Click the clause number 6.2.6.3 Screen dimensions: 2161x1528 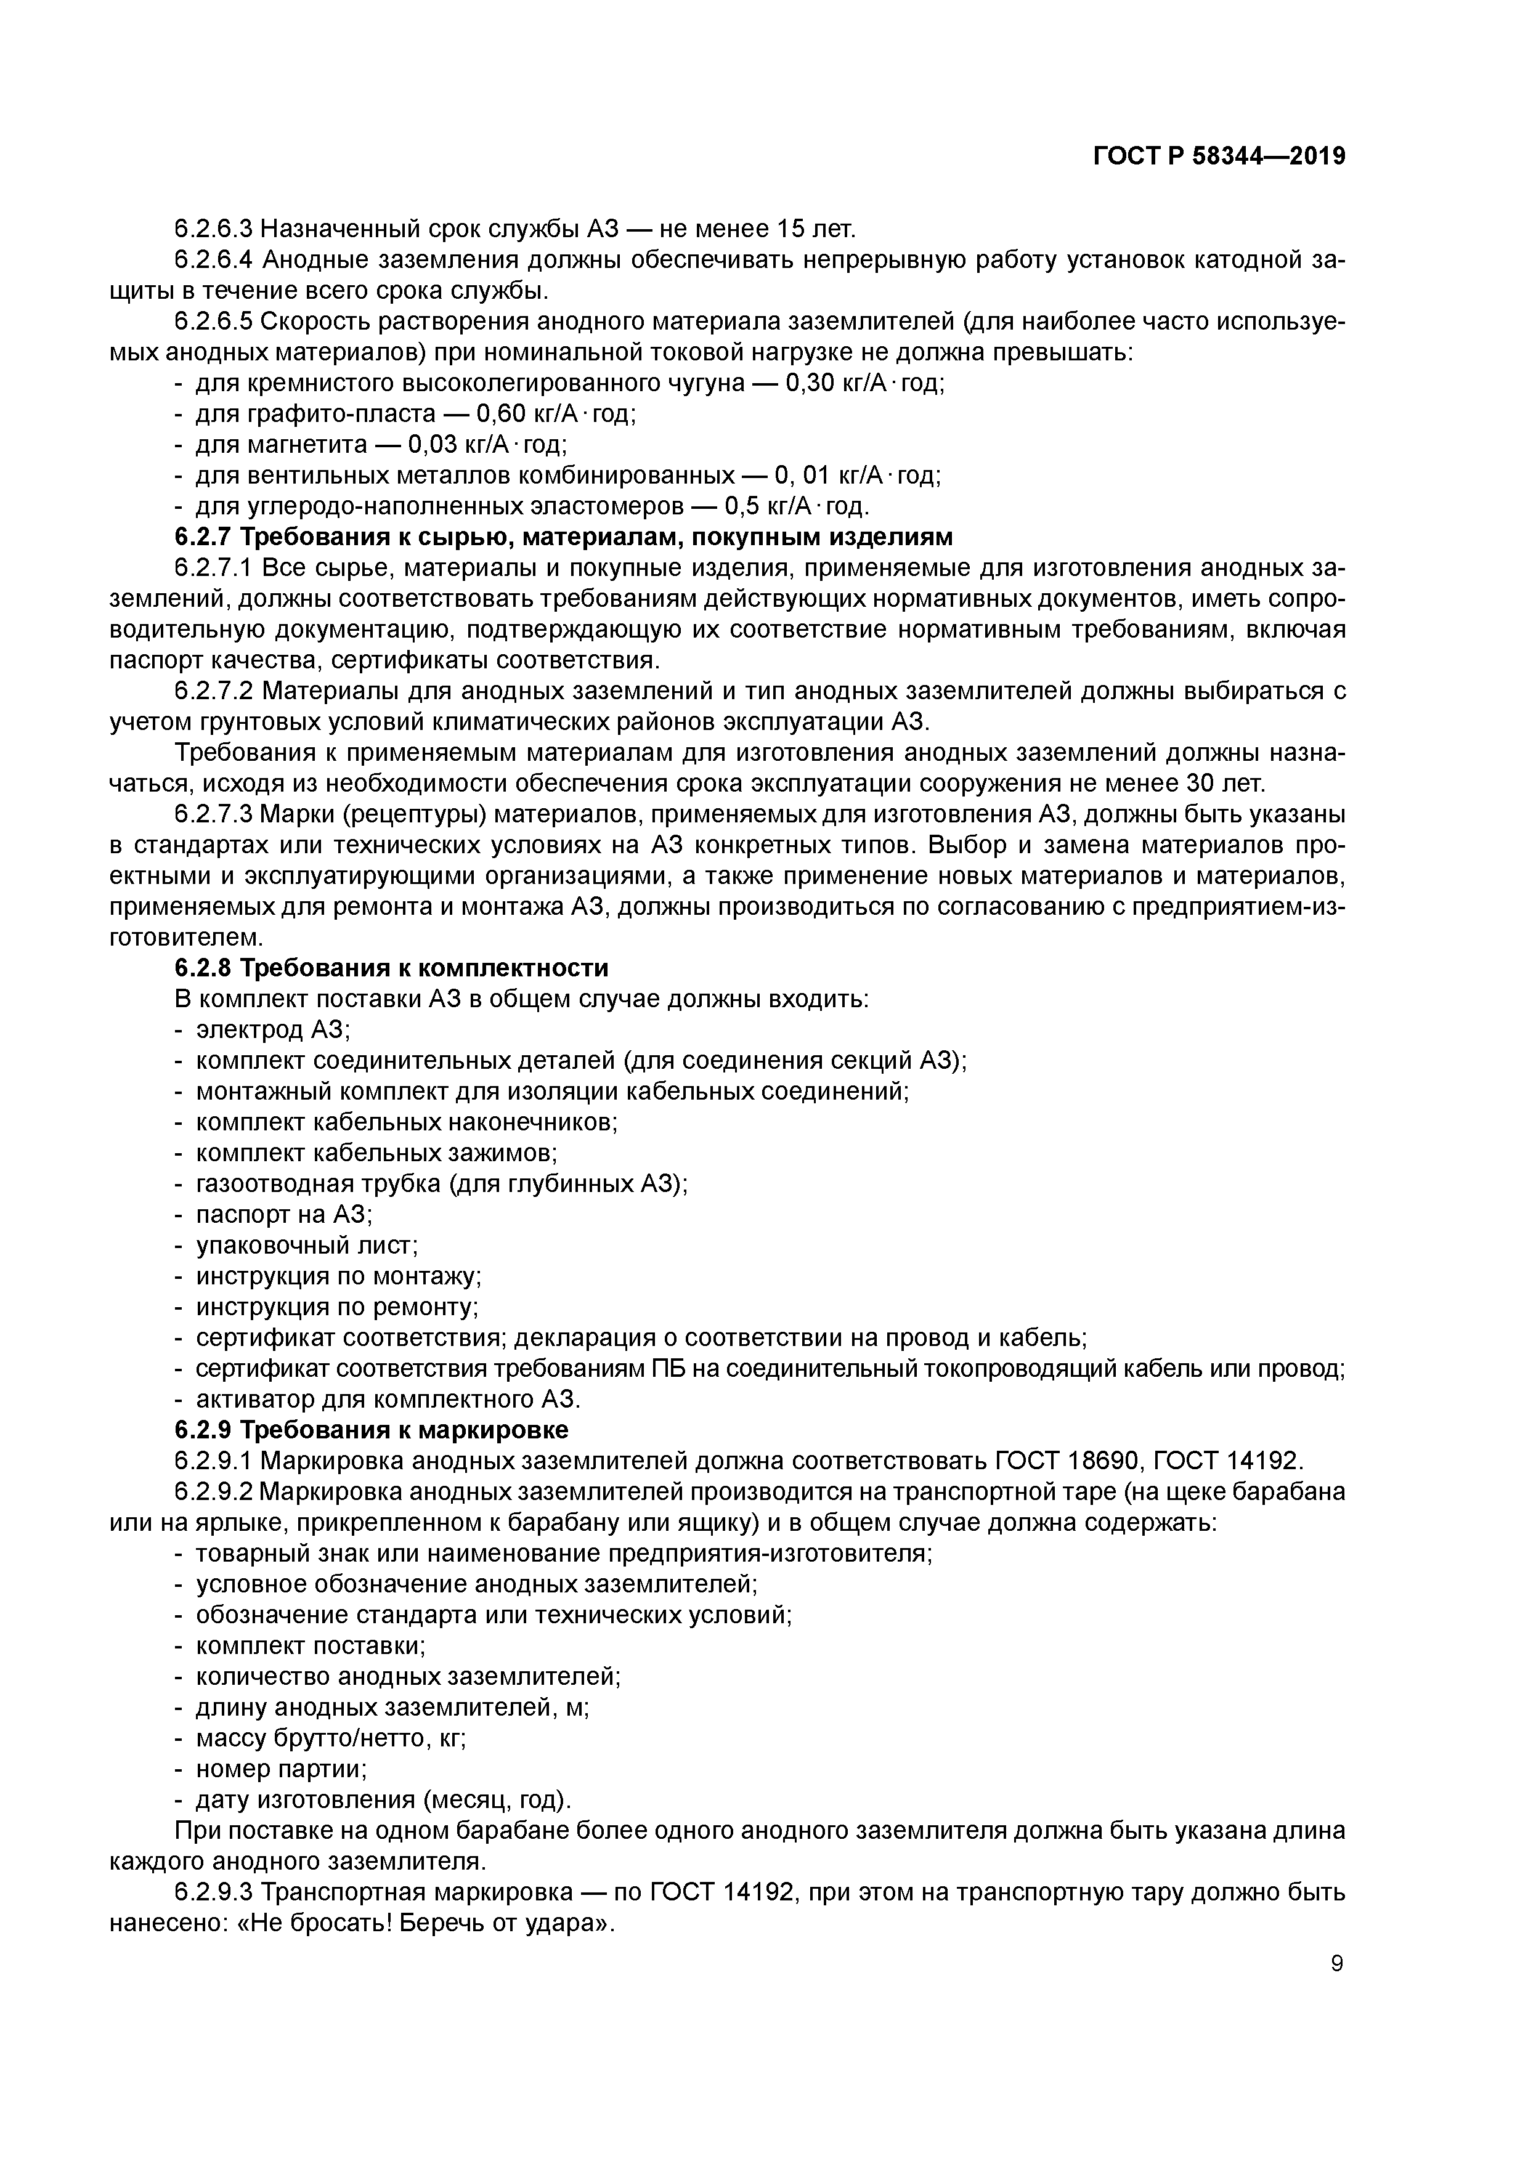coord(214,229)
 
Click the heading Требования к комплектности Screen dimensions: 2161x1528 coord(425,968)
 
